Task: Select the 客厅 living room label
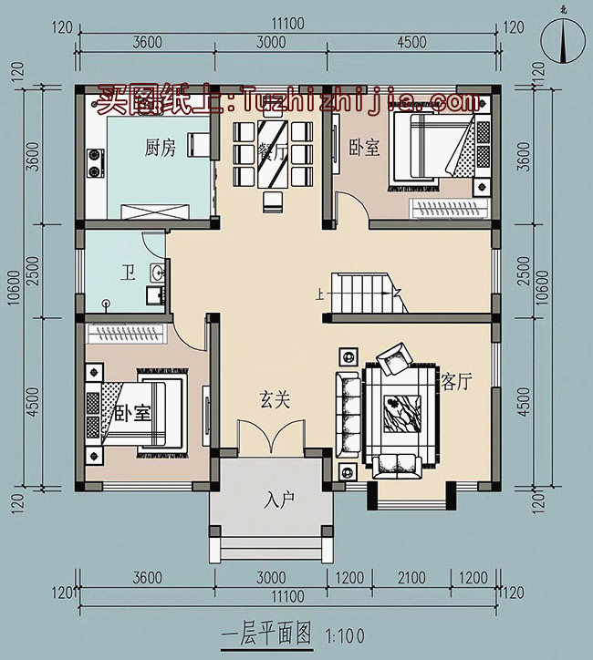point(456,382)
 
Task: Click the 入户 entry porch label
point(281,500)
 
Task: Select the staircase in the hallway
point(363,293)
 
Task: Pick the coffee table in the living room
point(401,410)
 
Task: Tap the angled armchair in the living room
point(396,359)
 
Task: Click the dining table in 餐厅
point(272,157)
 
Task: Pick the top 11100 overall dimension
point(288,27)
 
